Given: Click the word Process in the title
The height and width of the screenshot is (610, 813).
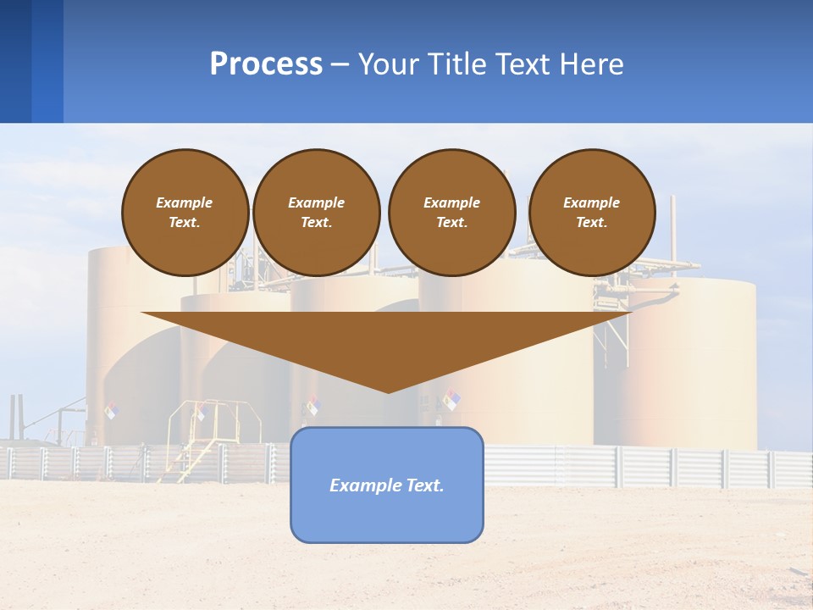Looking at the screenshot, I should coord(266,64).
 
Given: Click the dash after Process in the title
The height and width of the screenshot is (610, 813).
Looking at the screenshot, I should coord(340,65).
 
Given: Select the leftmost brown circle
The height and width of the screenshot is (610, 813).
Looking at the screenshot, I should coord(185,213).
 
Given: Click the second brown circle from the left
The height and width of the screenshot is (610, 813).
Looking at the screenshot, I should coord(317,213).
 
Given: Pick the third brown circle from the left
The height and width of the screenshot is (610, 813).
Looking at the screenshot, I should coord(452,213).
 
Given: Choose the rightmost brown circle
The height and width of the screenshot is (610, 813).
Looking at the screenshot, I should coord(592,213).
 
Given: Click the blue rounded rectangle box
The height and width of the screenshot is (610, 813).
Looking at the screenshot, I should coord(387,508).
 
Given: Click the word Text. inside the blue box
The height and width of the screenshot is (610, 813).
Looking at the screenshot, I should coord(423,485).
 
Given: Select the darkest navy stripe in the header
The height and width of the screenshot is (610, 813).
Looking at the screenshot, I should coord(15,61).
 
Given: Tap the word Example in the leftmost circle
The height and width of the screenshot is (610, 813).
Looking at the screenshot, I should coord(185,202).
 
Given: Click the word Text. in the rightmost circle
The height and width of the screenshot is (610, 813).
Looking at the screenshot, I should coord(592,223).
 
